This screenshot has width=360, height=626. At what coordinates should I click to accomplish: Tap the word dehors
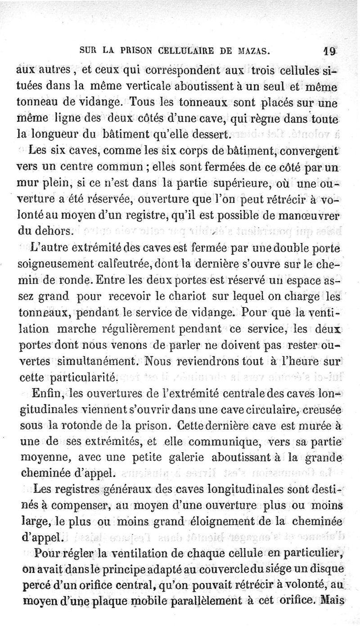pyautogui.click(x=53, y=232)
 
